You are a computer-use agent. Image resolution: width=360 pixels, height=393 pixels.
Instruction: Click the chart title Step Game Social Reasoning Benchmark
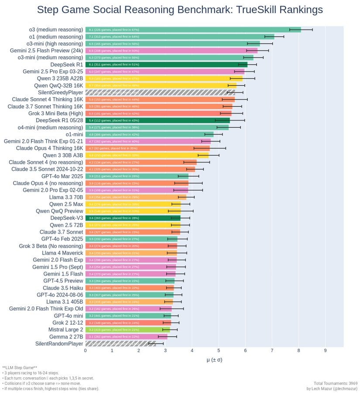180,10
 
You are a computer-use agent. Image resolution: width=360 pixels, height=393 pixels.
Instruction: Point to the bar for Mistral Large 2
127,330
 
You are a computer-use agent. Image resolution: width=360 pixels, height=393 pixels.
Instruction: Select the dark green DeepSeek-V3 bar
133,218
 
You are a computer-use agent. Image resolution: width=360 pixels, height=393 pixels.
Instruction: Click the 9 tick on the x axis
325,350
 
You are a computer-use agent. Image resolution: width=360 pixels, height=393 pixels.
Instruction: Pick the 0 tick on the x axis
86,350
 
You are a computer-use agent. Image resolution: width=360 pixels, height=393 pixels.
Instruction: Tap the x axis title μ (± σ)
214,359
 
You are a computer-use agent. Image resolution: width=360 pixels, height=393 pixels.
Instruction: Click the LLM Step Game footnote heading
20,368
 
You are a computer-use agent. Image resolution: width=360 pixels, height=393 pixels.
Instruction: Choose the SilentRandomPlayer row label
59,344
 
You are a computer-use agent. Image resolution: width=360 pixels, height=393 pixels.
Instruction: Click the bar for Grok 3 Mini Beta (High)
158,113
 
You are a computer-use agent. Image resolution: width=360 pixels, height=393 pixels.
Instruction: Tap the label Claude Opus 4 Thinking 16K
49,148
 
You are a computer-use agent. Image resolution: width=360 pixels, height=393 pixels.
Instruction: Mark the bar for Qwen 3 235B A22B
164,78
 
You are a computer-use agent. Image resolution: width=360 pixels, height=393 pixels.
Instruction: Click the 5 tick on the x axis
219,350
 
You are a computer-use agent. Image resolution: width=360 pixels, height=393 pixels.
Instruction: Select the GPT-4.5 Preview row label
63,281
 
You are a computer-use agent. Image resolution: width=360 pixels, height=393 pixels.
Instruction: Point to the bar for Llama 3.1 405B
129,302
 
